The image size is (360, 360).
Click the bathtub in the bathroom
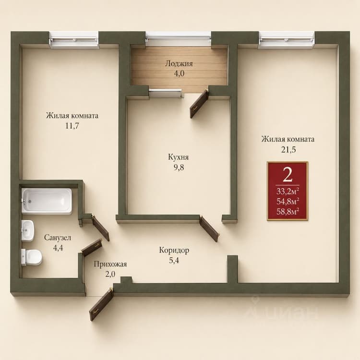click(47, 201)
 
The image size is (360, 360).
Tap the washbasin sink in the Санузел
click(27, 230)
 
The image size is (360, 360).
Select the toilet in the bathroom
click(32, 257)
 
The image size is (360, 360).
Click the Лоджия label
click(179, 63)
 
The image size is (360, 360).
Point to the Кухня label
click(179, 157)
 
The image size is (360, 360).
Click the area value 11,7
click(72, 126)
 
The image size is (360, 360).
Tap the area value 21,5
click(288, 150)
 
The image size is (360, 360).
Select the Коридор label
click(174, 250)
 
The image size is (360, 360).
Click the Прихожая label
click(110, 264)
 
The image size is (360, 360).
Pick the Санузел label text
click(58, 238)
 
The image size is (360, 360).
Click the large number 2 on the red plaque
click(288, 175)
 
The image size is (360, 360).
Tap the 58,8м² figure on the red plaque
click(288, 212)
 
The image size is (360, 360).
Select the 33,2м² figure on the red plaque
click(288, 191)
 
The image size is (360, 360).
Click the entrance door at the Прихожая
click(101, 304)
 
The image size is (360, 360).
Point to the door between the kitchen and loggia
click(199, 104)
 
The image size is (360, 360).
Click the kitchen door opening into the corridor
click(209, 228)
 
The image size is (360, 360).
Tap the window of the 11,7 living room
click(74, 40)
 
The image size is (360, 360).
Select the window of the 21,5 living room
click(287, 40)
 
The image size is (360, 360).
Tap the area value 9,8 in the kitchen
click(179, 168)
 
